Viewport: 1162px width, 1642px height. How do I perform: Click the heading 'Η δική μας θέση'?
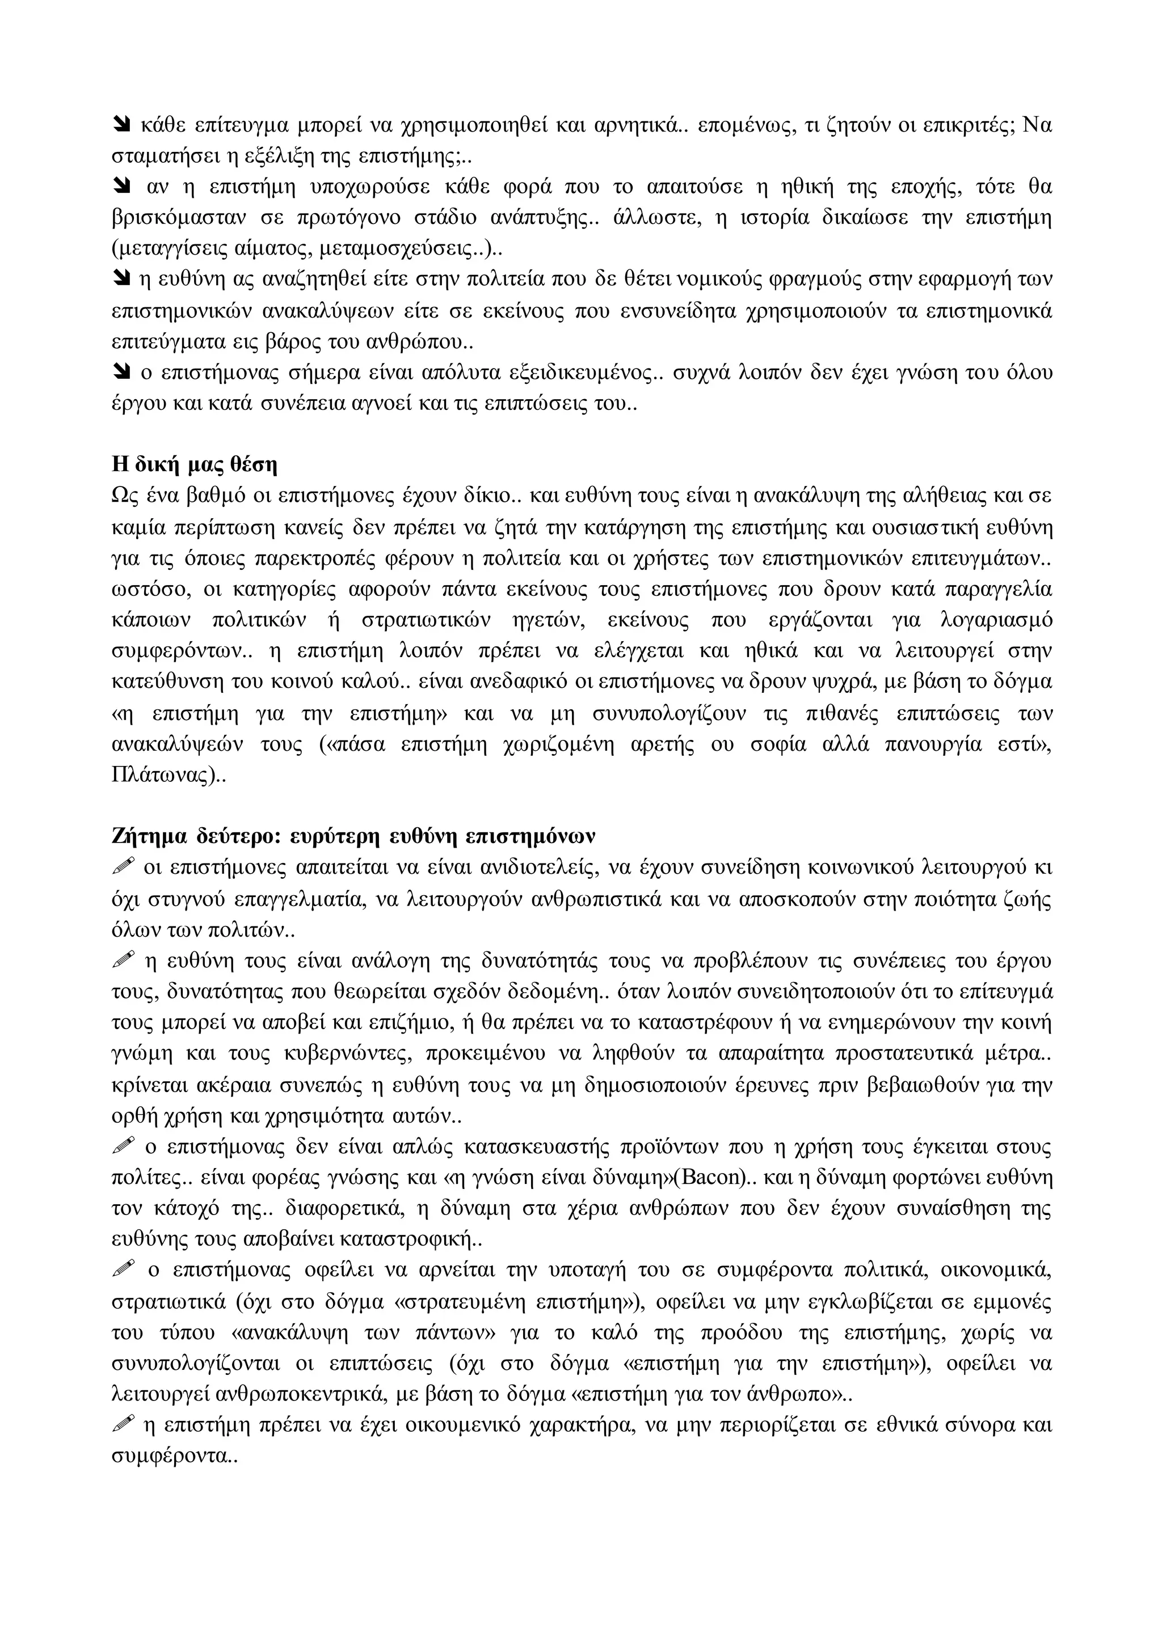(194, 465)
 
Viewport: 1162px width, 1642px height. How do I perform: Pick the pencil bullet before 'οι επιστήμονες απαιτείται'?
(124, 867)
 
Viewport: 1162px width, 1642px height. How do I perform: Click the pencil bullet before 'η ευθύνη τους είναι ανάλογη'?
(124, 960)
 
